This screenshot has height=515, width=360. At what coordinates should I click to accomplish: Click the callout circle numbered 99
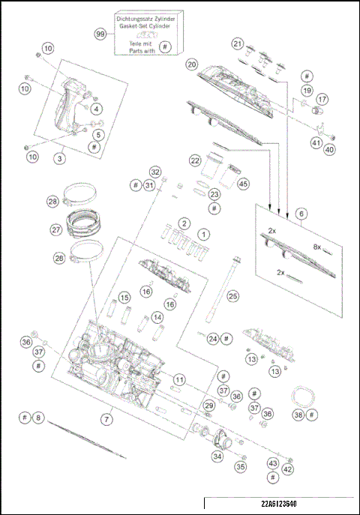100,34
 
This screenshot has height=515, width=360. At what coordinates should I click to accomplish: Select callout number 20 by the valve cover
192,64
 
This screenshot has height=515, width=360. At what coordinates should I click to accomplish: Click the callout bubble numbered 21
238,43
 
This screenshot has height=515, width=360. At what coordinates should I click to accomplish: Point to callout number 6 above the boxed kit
301,214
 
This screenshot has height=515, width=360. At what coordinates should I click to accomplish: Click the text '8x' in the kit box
317,246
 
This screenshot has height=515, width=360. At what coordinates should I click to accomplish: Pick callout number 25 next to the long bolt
233,296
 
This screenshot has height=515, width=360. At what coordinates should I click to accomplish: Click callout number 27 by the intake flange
55,230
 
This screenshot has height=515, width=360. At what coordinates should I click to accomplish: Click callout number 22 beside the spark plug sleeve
195,160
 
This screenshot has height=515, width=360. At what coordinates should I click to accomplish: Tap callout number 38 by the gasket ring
298,415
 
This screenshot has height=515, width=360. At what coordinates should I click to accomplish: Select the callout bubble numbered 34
217,456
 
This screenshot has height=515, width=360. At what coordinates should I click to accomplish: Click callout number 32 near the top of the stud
155,172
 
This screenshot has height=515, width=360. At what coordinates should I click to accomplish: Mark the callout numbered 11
179,380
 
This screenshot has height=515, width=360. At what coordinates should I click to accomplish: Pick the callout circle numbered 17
322,99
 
